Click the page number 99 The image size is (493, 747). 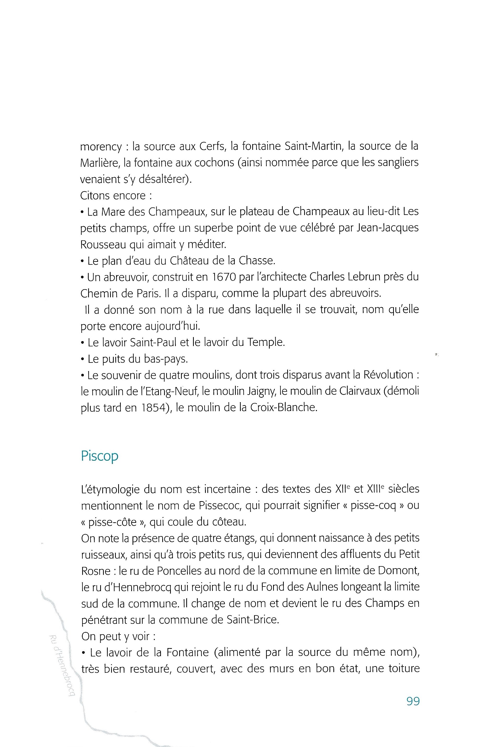coord(413,701)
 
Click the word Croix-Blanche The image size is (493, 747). coord(283,408)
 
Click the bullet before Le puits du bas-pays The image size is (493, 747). coord(83,359)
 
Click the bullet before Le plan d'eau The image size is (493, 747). coord(83,261)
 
